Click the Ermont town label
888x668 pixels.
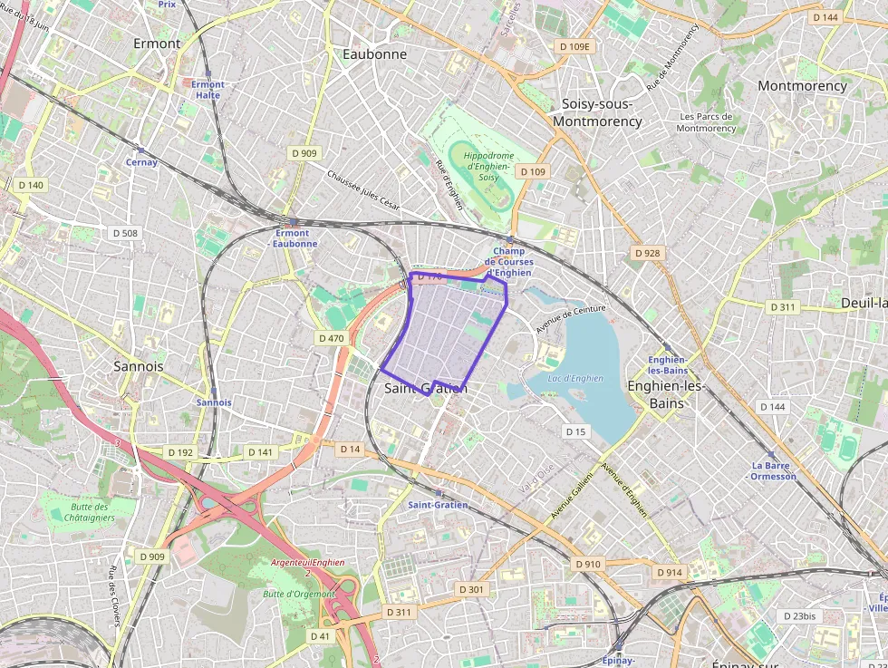point(157,44)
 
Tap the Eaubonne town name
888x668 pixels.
point(375,54)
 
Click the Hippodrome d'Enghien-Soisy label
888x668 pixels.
point(490,167)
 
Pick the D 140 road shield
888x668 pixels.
point(30,185)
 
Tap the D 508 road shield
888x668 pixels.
point(125,233)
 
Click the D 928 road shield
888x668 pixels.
point(647,253)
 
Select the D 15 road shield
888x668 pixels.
point(576,431)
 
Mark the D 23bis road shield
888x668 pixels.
point(798,615)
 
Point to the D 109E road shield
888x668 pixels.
point(574,46)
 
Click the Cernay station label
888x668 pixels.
point(141,162)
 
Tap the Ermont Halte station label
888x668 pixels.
point(208,90)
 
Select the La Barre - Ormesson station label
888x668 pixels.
point(773,471)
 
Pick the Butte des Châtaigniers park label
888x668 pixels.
point(89,512)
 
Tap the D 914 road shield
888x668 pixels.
point(669,573)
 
